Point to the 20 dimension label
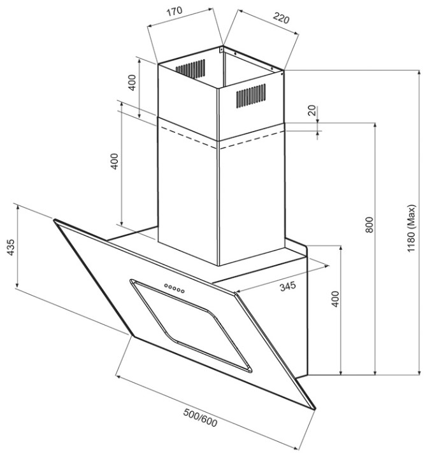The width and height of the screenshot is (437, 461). pyautogui.click(x=312, y=110)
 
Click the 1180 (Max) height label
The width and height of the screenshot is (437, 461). pyautogui.click(x=412, y=229)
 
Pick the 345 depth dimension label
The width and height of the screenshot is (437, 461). pyautogui.click(x=288, y=287)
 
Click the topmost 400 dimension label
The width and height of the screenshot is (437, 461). pyautogui.click(x=133, y=83)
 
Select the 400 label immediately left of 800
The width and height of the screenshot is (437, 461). pyautogui.click(x=335, y=299)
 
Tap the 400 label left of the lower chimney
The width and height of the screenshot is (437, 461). pyautogui.click(x=115, y=162)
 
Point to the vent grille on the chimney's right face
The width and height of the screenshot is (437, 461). pyautogui.click(x=251, y=95)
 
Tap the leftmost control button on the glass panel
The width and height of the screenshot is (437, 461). pyautogui.click(x=166, y=286)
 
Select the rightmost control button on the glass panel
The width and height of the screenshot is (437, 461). pyautogui.click(x=183, y=292)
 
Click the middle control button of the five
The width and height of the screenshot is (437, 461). pyautogui.click(x=175, y=289)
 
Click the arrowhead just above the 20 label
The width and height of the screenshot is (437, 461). pyautogui.click(x=317, y=120)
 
